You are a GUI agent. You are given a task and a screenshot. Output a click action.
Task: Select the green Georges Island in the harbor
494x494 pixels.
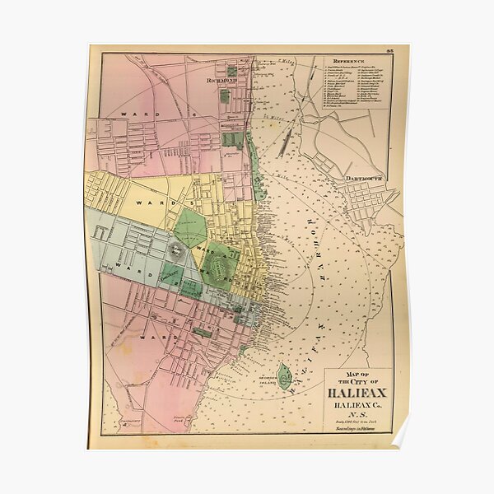284,376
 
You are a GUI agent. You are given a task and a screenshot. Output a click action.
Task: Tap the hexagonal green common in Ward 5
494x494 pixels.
190,227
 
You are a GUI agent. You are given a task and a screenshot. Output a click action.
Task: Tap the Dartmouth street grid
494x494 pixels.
366,198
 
